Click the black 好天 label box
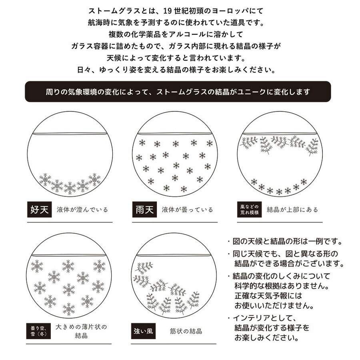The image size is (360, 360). [x=40, y=209]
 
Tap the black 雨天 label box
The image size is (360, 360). [x=144, y=209]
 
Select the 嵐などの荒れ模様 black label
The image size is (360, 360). [x=249, y=209]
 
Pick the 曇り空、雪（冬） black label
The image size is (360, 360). [x=38, y=331]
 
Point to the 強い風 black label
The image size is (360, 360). [x=143, y=331]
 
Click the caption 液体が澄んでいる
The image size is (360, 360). [x=82, y=210]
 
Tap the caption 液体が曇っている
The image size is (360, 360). [x=187, y=210]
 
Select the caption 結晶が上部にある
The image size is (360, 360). [x=292, y=210]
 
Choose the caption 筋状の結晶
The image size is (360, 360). [x=186, y=331]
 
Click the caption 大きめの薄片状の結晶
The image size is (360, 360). [x=81, y=331]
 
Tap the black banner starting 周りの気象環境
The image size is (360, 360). [x=178, y=92]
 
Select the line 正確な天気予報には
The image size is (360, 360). [x=268, y=296]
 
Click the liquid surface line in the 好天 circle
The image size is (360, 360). [x=70, y=134]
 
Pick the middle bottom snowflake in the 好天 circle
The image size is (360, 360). [x=70, y=188]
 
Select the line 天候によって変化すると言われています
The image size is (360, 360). [x=176, y=58]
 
